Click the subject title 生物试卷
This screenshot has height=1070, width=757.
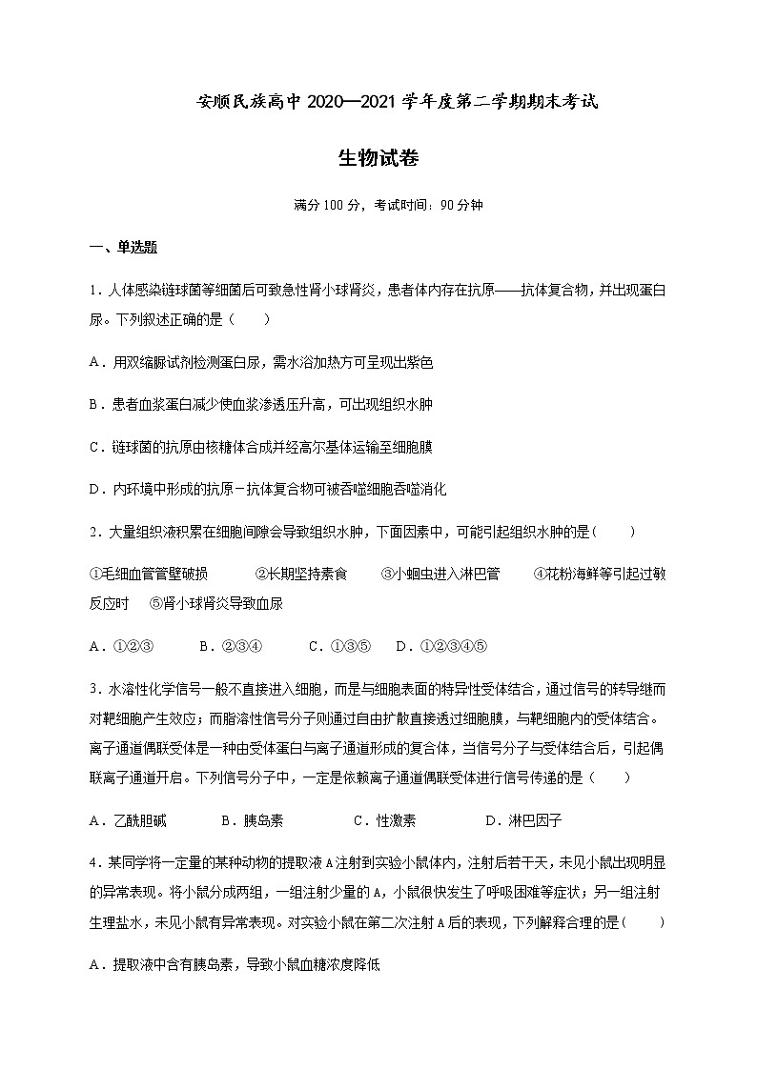(x=378, y=158)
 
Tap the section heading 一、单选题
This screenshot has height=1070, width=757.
(x=123, y=248)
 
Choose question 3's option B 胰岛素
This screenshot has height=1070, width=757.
(x=252, y=821)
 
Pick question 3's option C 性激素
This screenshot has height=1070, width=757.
(x=384, y=821)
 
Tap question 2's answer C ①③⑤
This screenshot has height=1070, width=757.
(x=339, y=646)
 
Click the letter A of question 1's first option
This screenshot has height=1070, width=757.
(x=94, y=362)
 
